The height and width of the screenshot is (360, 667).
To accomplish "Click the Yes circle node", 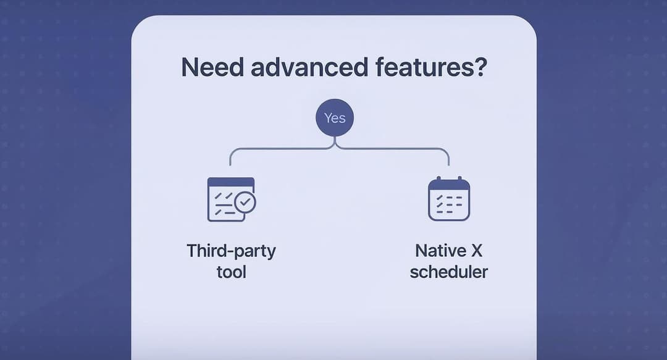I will (334, 117).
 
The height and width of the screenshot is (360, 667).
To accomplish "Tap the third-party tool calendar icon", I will (230, 199).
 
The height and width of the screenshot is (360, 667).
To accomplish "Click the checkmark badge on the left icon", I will (246, 202).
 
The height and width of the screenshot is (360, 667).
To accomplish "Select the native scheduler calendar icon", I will (449, 199).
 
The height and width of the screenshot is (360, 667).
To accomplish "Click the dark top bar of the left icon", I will (230, 182).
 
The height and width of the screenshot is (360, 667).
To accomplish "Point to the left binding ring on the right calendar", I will (438, 179).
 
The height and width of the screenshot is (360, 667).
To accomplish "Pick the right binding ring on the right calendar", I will (460, 179).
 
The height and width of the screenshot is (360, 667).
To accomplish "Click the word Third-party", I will (231, 251).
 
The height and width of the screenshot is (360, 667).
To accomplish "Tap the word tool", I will (231, 272).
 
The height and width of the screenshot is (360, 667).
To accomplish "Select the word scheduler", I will (449, 272).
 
